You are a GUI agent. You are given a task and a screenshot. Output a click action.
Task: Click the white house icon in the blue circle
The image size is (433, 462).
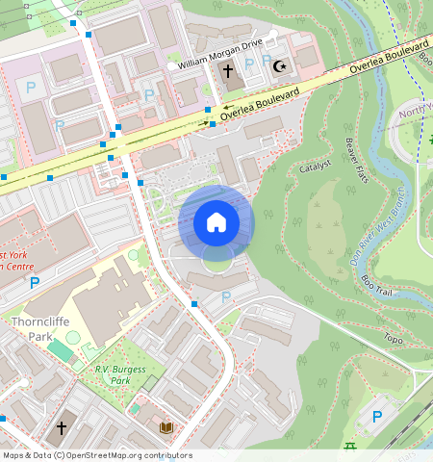[x=216, y=223]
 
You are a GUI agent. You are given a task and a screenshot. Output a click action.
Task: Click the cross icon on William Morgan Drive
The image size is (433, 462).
[x=228, y=71]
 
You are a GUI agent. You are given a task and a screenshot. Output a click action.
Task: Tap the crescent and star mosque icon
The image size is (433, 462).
[x=280, y=66]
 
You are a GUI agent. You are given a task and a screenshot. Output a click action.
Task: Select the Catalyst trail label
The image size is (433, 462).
[x=315, y=166]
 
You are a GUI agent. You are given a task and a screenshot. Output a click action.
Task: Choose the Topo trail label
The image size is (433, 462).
[x=393, y=339]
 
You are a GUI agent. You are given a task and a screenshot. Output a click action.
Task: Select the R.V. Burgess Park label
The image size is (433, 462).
[x=113, y=374]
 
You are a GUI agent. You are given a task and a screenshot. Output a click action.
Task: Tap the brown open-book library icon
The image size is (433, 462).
[x=166, y=426]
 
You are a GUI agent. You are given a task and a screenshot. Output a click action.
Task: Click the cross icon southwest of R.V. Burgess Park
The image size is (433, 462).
[x=61, y=426]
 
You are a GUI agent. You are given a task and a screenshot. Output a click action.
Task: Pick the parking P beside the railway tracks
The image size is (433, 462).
[x=376, y=417]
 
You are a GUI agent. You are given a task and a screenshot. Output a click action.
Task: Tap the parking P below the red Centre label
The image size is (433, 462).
[x=35, y=283]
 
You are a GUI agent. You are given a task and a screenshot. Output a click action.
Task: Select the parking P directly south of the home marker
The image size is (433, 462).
[x=226, y=297]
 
